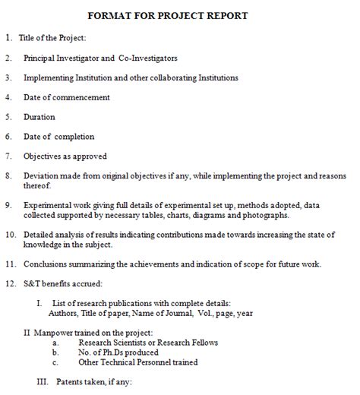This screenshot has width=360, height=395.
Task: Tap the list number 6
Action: (x=7, y=137)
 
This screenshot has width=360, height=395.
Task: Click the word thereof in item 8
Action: (x=38, y=186)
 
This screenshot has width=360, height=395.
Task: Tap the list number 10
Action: (x=10, y=235)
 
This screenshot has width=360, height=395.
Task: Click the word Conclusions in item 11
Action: (x=52, y=265)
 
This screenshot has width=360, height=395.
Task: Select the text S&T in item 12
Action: (x=33, y=284)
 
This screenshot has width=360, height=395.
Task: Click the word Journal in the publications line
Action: (x=172, y=313)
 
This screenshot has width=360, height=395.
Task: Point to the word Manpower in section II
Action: (x=54, y=333)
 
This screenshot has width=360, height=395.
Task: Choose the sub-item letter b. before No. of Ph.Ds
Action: (x=55, y=352)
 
